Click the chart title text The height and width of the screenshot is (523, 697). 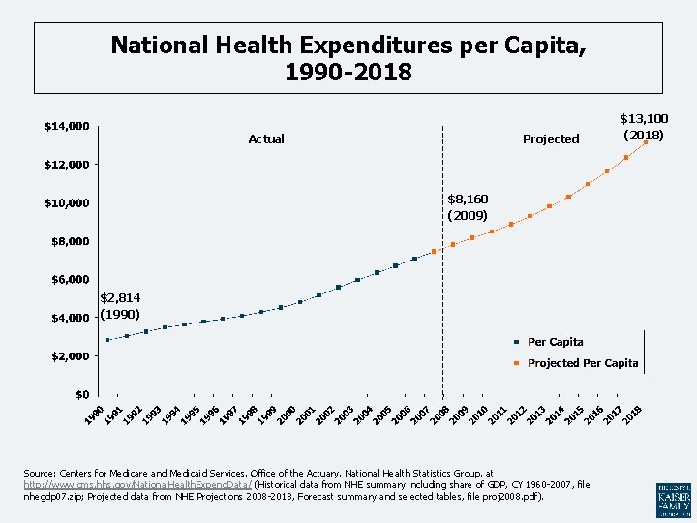(348, 58)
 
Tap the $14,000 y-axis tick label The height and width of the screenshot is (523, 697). (67, 126)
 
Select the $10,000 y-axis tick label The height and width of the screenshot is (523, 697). (67, 203)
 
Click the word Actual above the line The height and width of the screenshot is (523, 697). (266, 139)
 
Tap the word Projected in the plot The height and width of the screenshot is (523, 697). (550, 139)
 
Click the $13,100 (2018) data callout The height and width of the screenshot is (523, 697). (644, 127)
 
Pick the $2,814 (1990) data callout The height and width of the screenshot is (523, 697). (121, 307)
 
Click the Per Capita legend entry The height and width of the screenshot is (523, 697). (555, 342)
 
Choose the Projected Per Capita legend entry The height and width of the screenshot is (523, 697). (582, 363)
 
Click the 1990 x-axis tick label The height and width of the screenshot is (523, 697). (94, 413)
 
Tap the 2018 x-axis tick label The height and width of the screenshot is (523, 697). (633, 413)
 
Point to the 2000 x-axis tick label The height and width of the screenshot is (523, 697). (287, 413)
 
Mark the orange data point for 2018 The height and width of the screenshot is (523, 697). (646, 142)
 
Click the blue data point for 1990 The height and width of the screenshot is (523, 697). (107, 340)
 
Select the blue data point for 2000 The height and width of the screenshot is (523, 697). (300, 302)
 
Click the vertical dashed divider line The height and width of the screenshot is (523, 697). (442, 291)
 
